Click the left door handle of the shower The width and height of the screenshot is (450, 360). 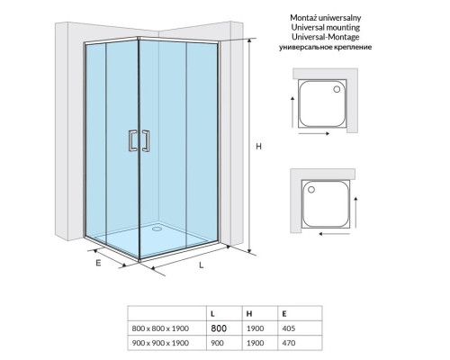(130, 140)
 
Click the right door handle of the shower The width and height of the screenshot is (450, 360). (148, 140)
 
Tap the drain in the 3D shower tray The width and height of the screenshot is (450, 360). (157, 229)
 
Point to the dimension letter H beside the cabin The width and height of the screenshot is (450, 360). (258, 147)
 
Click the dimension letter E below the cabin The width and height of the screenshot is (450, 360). (98, 263)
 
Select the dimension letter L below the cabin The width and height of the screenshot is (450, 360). (202, 265)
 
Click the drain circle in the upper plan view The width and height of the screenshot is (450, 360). (337, 89)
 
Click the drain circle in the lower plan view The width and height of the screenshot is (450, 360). (311, 190)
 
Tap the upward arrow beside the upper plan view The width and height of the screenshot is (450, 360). (292, 112)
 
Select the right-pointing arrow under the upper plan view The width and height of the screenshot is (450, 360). (314, 133)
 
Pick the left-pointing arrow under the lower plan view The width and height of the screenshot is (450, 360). (334, 234)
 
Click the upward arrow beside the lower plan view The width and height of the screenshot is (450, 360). (355, 212)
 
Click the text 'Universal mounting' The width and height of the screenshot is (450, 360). (326, 27)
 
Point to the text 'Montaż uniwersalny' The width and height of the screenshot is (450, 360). (326, 18)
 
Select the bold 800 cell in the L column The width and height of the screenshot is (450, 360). (219, 328)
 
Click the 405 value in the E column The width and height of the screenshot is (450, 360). (289, 328)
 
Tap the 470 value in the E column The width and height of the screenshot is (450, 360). (289, 343)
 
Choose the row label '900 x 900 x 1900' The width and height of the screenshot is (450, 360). (160, 343)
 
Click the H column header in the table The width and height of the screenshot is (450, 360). (249, 314)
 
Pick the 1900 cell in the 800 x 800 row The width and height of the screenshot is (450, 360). (256, 328)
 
